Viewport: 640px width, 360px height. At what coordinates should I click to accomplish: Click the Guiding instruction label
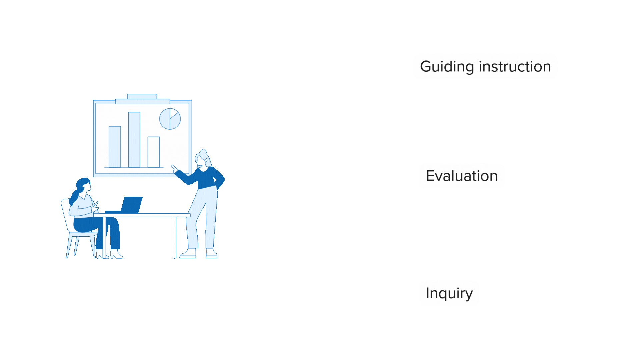pyautogui.click(x=485, y=66)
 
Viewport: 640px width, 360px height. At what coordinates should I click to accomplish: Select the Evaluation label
pyautogui.click(x=462, y=176)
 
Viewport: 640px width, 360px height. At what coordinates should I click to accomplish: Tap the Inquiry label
pyautogui.click(x=449, y=293)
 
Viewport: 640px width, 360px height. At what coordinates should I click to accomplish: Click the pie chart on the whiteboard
pyautogui.click(x=170, y=119)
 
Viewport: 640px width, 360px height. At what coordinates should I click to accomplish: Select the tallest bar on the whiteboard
pyautogui.click(x=134, y=140)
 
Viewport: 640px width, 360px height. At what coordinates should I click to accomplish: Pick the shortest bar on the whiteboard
pyautogui.click(x=154, y=152)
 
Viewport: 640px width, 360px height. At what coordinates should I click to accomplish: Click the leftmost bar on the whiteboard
pyautogui.click(x=115, y=147)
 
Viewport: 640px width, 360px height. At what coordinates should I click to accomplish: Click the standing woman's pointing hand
pyautogui.click(x=174, y=168)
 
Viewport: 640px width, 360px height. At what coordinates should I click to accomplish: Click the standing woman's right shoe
pyautogui.click(x=211, y=254)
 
